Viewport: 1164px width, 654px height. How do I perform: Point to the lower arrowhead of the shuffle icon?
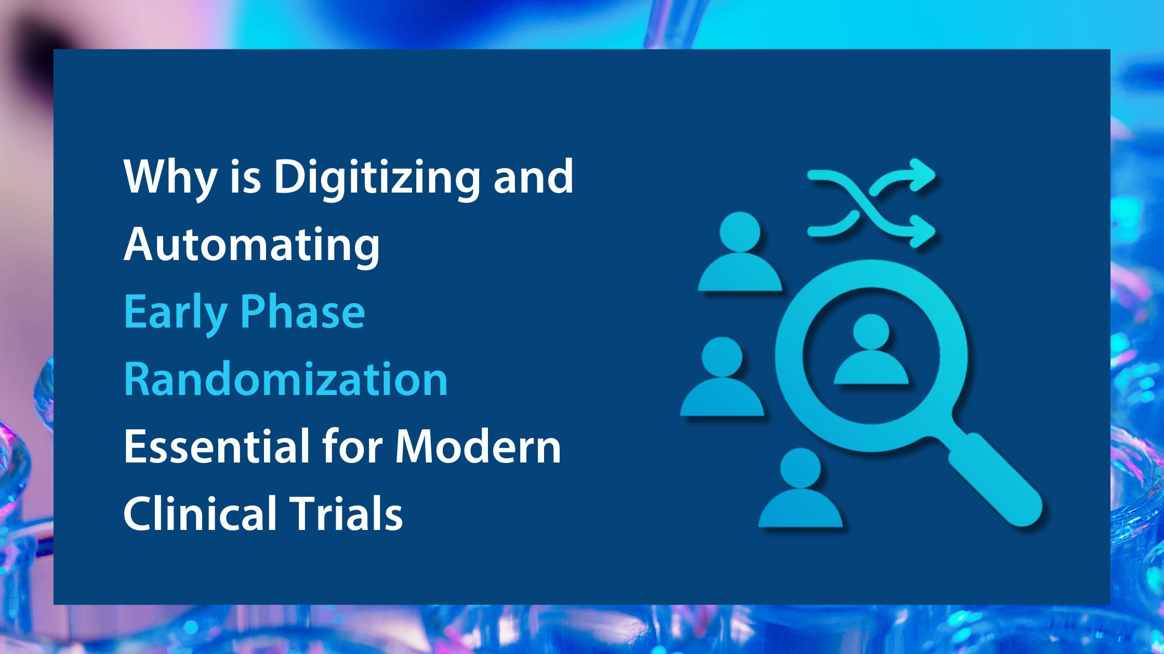(922, 231)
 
